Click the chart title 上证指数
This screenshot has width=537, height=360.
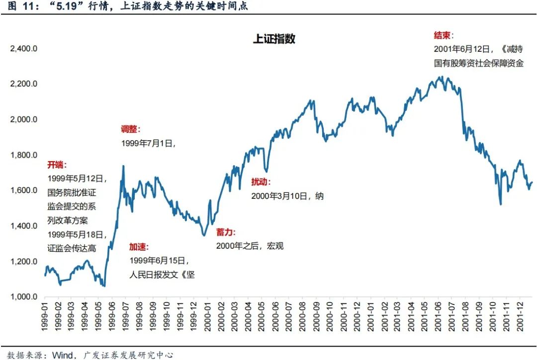(x=274, y=39)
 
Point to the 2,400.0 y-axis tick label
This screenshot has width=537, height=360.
(x=24, y=49)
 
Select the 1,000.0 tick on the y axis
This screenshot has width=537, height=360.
(x=24, y=297)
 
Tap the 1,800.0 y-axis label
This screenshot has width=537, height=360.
(x=24, y=155)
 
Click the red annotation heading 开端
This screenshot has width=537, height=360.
(x=57, y=165)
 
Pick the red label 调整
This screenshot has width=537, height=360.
(x=130, y=129)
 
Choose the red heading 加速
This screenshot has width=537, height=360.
(x=139, y=247)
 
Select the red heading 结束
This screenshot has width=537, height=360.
(x=444, y=36)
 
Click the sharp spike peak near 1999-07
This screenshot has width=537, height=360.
(x=123, y=167)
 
